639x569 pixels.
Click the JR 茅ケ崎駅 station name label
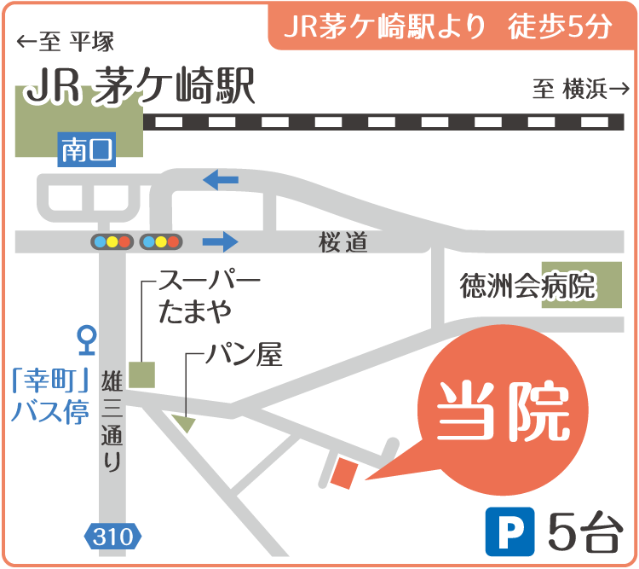pos(141,87)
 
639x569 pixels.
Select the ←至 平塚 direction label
pos(65,41)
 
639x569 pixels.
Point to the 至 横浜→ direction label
pos(581,89)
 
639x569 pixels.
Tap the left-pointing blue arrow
pos(221,180)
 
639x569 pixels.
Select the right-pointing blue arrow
pos(219,241)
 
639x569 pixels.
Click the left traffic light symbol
pos(112,241)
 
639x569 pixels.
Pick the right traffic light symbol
pos(161,241)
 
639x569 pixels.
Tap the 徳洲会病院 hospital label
pos(527,286)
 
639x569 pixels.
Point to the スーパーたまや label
pos(207,296)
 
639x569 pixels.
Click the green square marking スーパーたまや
pos(142,375)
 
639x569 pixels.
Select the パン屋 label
pos(243,353)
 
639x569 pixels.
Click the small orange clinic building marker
pos(343,472)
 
